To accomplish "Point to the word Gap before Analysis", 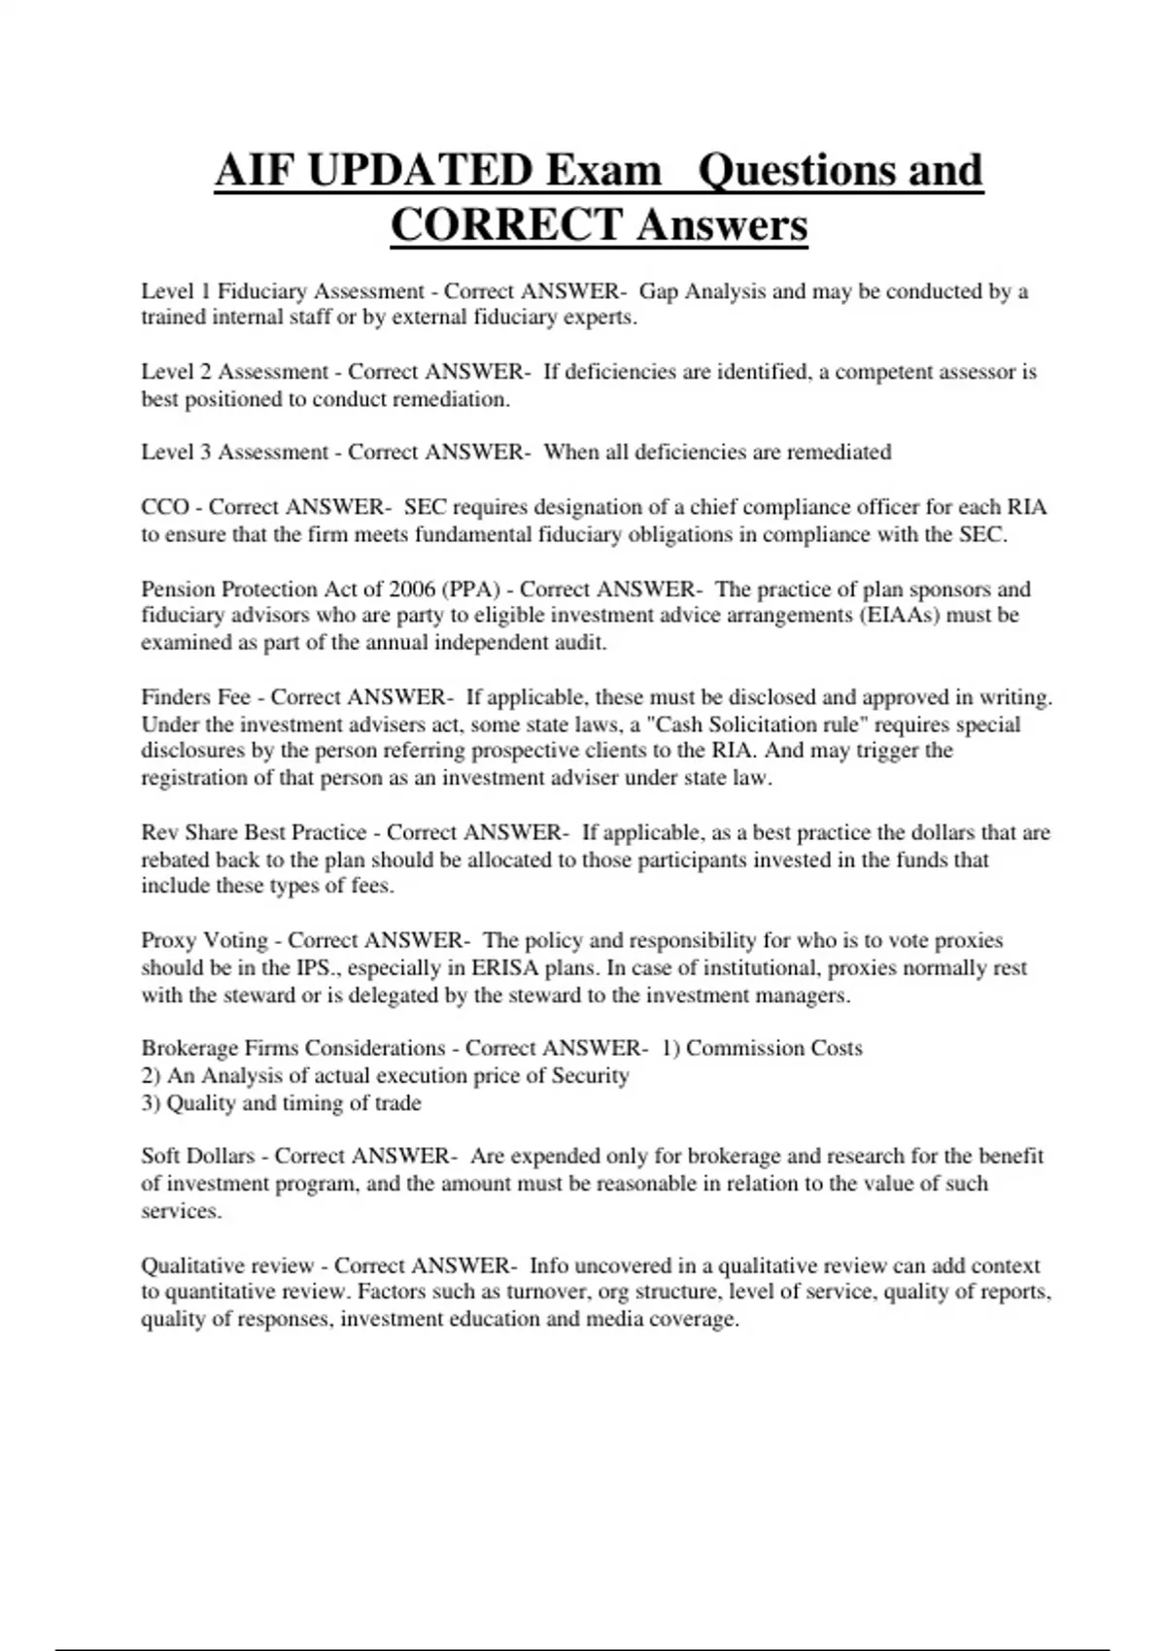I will [659, 291].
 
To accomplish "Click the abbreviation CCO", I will [165, 507].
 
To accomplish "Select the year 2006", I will [412, 590].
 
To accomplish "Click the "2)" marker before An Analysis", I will [152, 1076].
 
